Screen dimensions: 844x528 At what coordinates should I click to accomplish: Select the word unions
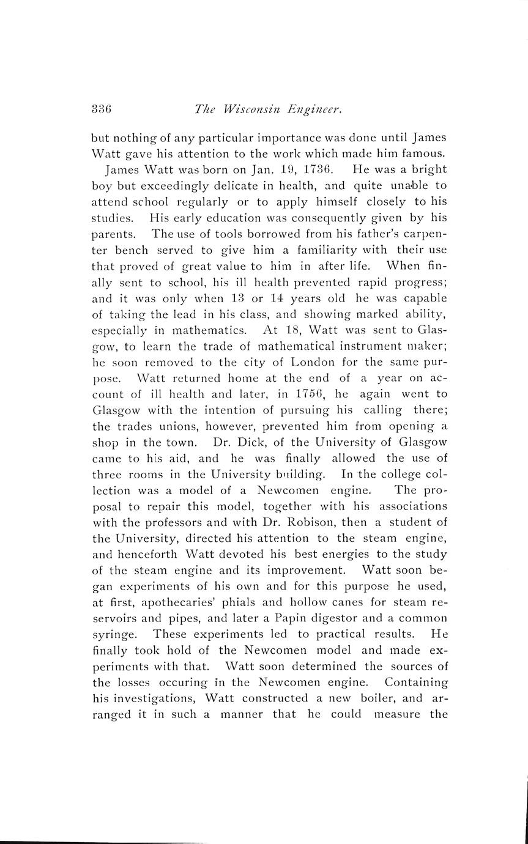click(x=163, y=425)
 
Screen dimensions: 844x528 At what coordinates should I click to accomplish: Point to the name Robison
click(x=306, y=521)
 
